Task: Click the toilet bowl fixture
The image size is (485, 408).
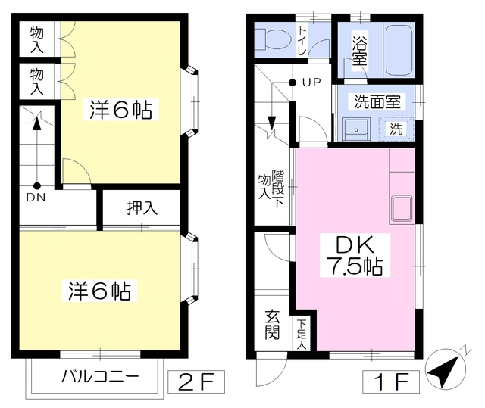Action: click(270, 38)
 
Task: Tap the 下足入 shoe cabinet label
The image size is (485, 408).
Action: click(301, 334)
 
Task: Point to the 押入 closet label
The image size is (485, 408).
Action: click(142, 208)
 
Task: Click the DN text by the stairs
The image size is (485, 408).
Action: click(36, 198)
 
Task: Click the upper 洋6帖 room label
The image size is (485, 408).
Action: click(121, 111)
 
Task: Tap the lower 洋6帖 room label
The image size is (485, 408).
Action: click(99, 290)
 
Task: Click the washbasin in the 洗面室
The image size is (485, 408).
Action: click(354, 129)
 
